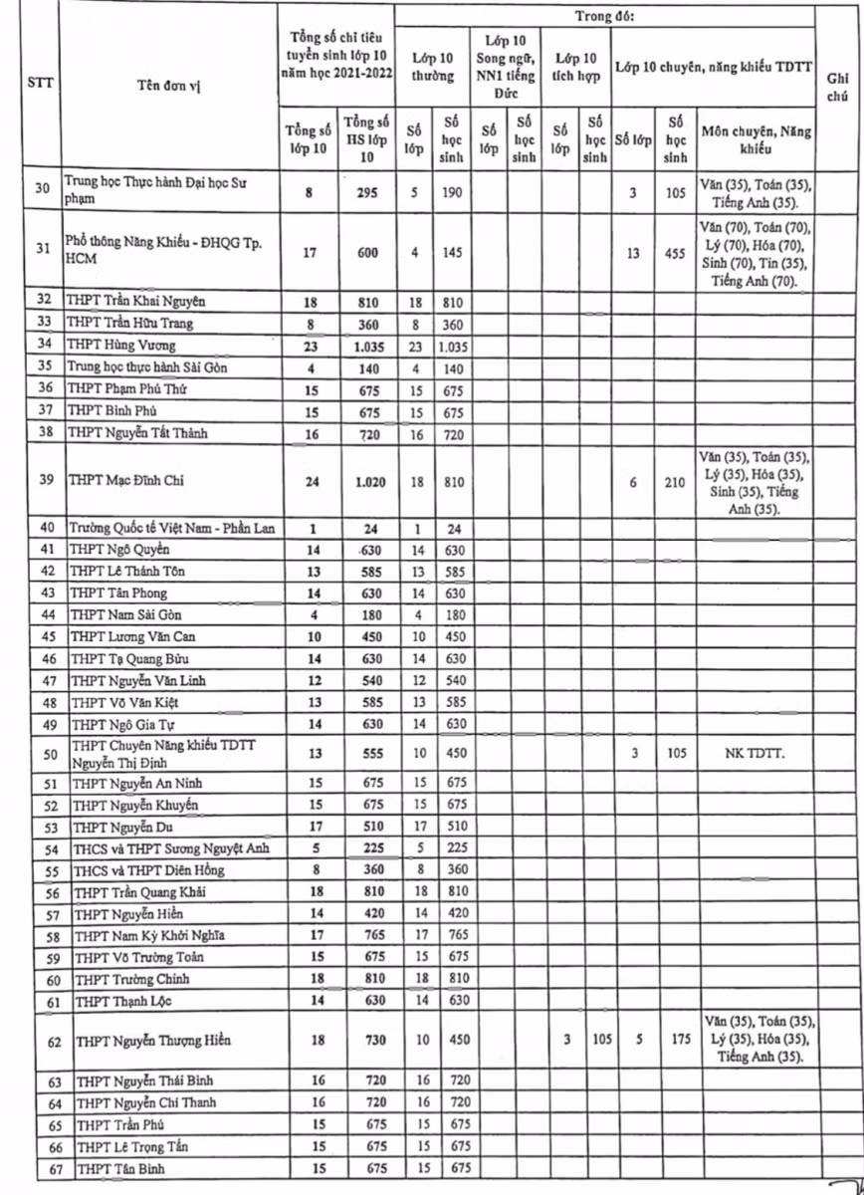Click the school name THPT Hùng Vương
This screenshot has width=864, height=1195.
[x=121, y=346]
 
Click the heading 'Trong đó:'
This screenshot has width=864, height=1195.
[x=605, y=18]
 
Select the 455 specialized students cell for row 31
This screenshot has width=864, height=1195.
[x=676, y=253]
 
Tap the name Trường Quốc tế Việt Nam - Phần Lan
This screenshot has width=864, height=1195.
[x=171, y=528]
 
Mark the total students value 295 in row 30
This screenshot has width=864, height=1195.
[x=366, y=192]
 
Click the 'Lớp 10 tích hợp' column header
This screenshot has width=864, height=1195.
[x=576, y=67]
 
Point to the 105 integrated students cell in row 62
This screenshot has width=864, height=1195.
[x=595, y=1040]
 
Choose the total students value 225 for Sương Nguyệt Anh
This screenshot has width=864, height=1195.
[x=366, y=848]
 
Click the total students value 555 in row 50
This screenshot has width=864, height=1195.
[x=366, y=753]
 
